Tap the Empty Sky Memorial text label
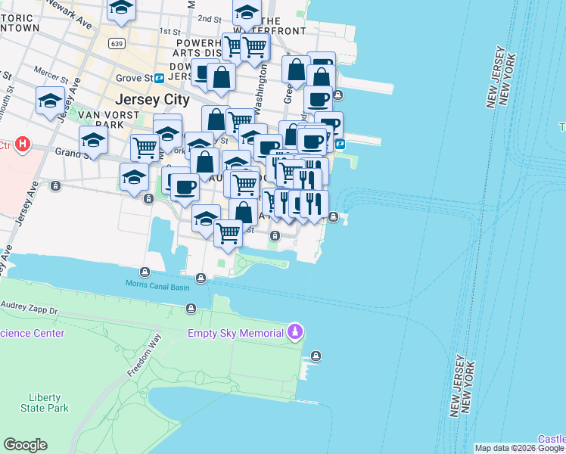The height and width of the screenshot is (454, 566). [235, 332]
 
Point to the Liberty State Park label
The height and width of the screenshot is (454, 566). [48, 403]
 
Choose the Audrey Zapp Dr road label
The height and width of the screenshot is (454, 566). [30, 311]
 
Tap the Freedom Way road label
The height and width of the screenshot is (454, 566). [139, 359]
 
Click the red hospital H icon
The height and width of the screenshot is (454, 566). [23, 144]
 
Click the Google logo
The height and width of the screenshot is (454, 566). [25, 445]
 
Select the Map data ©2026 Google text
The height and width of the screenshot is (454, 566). [519, 448]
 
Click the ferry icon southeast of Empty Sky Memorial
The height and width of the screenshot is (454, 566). [316, 356]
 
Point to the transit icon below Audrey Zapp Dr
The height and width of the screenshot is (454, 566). [191, 308]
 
